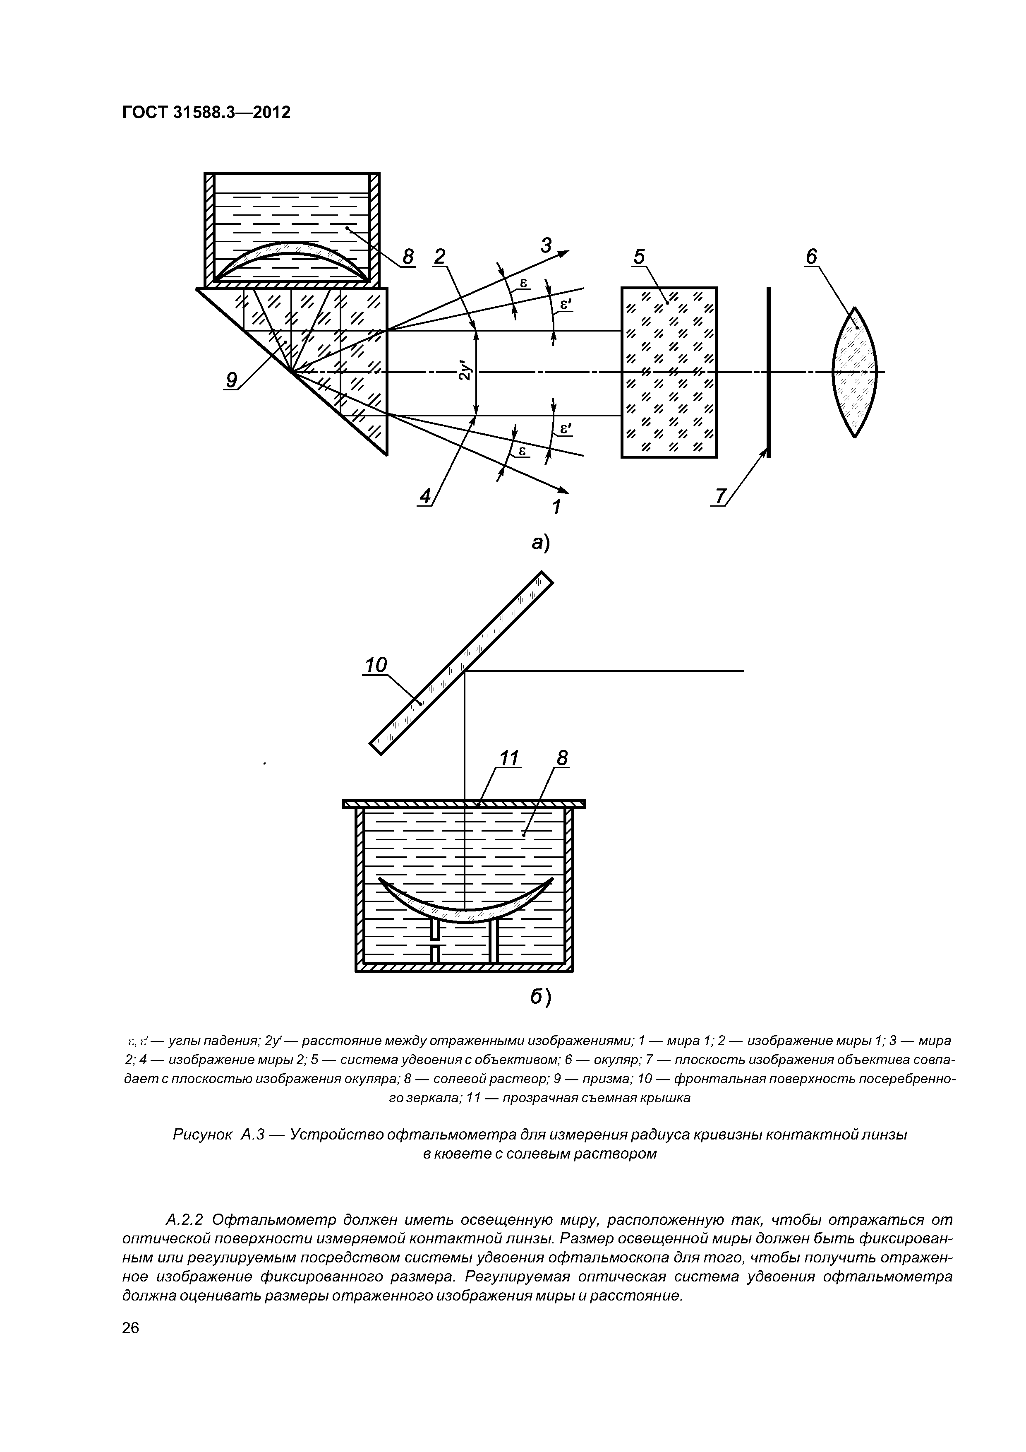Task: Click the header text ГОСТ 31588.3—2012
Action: coord(206,113)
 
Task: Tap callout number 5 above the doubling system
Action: coord(639,257)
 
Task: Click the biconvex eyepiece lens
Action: coord(855,372)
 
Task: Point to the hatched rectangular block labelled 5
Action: coord(669,372)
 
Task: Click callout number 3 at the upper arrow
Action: coord(546,244)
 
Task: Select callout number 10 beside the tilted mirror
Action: coord(376,665)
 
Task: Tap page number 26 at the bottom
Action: coord(130,1345)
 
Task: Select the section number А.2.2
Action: coord(184,1219)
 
